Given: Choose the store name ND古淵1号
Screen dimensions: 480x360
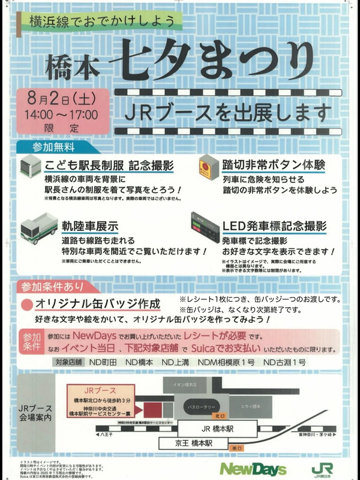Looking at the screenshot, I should coord(284,362).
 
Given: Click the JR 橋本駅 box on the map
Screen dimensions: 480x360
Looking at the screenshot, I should coord(226,430).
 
